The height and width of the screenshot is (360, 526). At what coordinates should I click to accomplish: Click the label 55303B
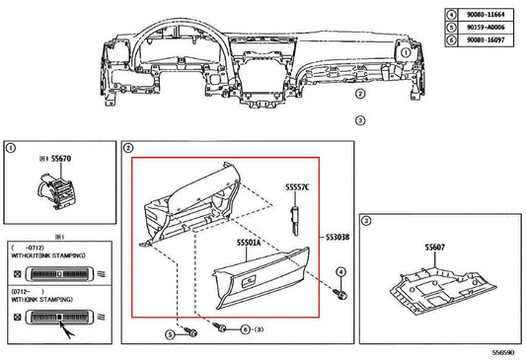(x=338, y=237)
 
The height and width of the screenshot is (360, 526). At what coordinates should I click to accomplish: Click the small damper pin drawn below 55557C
(x=294, y=218)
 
